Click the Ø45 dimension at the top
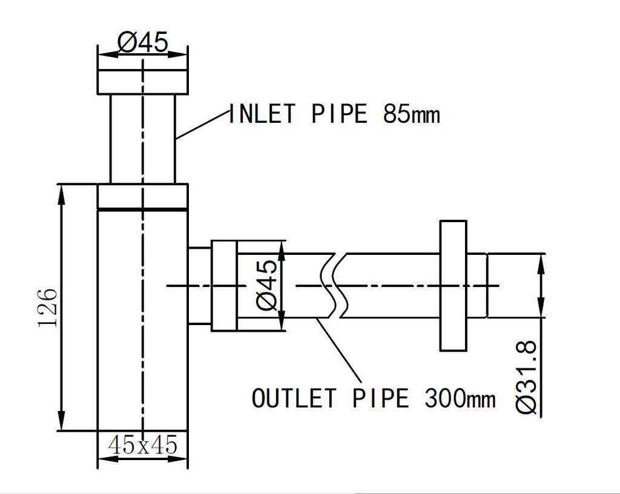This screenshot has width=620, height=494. tap(142, 42)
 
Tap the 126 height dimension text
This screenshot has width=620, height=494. tap(48, 307)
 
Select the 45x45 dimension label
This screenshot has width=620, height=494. tap(142, 446)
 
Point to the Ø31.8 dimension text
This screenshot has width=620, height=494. tap(527, 377)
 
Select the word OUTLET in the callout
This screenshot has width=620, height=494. tap(294, 399)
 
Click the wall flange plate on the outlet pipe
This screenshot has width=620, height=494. tap(453, 286)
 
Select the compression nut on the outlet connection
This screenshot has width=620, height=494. tap(223, 286)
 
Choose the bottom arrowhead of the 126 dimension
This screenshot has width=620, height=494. tap(61, 423)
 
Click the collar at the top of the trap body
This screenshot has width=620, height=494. tap(142, 196)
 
